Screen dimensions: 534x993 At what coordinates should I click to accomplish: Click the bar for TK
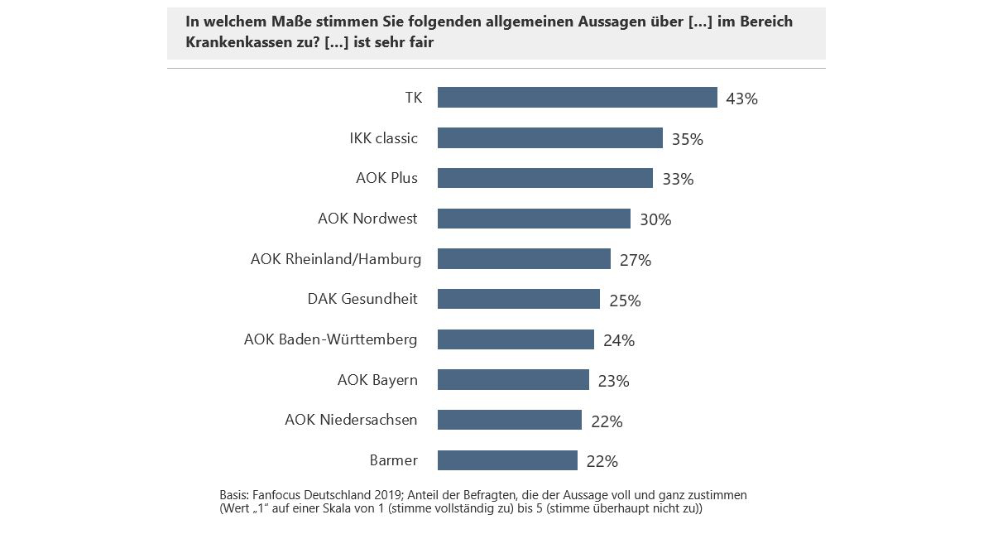(577, 98)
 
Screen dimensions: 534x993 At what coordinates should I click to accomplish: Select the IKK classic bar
(549, 138)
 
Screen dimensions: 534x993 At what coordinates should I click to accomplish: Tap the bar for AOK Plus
(544, 178)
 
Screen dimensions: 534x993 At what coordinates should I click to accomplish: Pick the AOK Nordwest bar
(534, 219)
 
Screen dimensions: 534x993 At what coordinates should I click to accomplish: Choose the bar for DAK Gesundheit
(518, 300)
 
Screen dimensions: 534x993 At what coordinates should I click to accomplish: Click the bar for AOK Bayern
(513, 380)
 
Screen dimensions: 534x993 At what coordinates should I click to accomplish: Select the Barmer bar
(507, 460)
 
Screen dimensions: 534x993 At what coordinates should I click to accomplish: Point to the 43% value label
(741, 99)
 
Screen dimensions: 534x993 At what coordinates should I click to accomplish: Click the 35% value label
(687, 139)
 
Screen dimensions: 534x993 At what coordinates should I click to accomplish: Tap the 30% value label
(655, 219)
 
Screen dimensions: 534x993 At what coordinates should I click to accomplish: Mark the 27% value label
(636, 260)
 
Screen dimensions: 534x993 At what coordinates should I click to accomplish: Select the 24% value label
(618, 340)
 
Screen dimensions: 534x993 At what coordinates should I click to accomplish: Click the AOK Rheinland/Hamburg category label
(335, 259)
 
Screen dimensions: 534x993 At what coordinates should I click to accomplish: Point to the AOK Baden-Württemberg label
(330, 339)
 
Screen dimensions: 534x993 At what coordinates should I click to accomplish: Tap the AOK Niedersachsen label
(351, 420)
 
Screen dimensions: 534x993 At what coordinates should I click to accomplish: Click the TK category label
(413, 98)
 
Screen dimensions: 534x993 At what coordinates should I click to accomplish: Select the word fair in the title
(418, 42)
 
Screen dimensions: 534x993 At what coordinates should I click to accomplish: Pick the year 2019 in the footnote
(381, 494)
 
